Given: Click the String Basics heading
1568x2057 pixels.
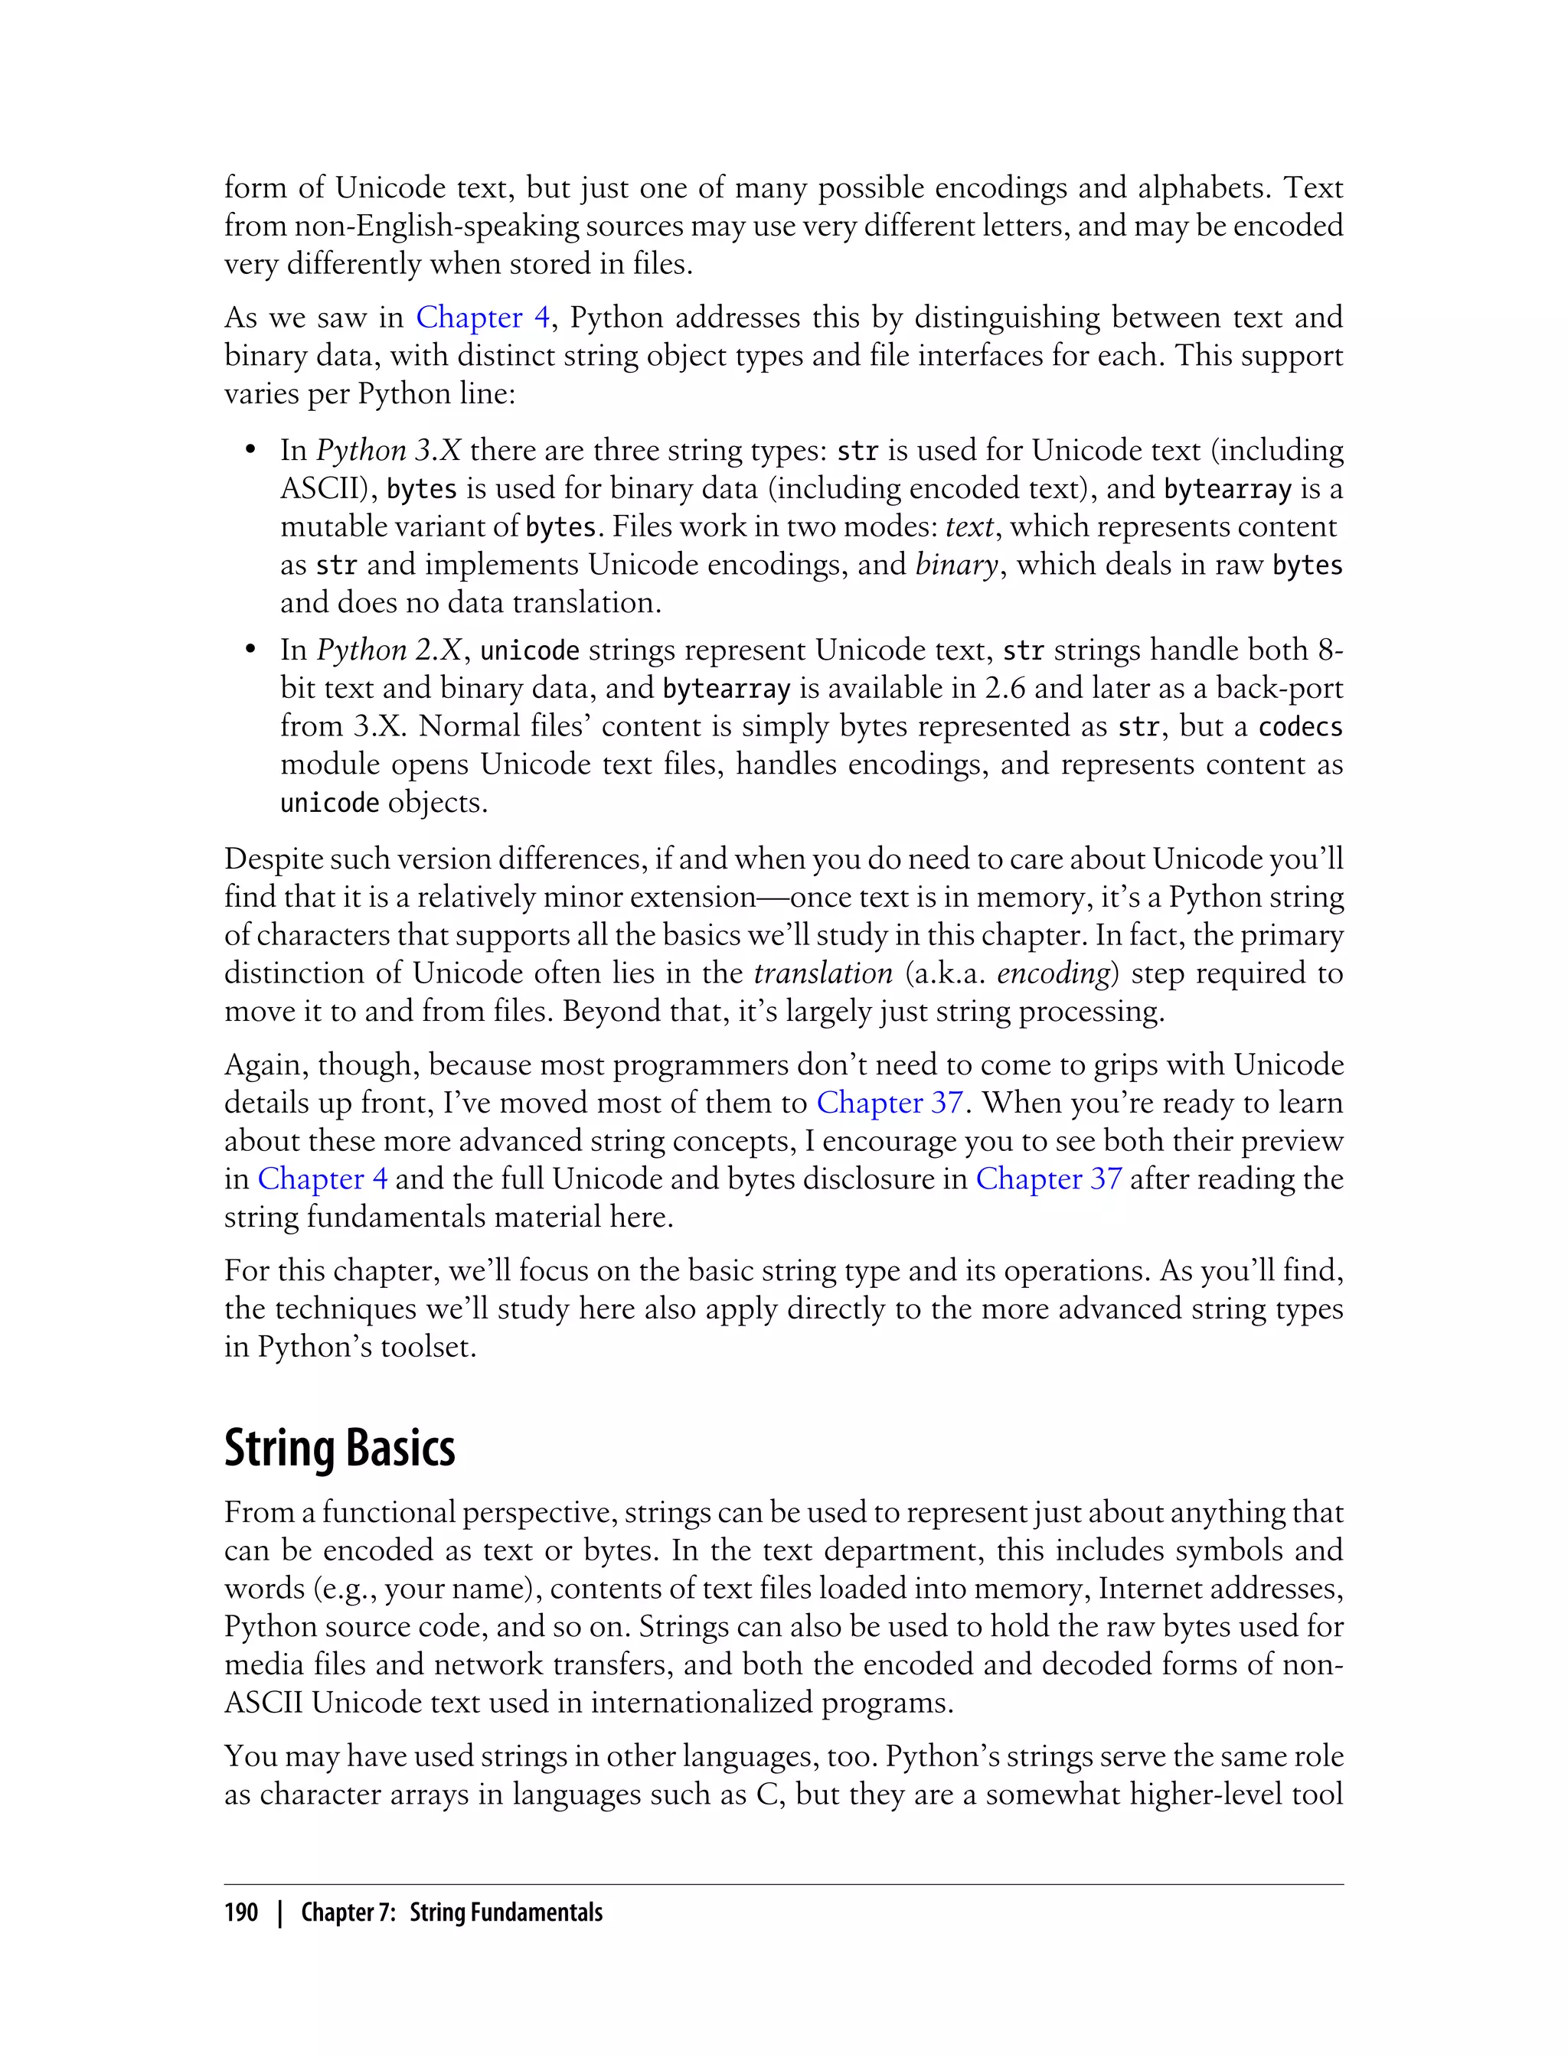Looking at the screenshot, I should coord(340,1448).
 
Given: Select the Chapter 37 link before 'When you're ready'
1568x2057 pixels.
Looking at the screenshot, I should coord(890,1103).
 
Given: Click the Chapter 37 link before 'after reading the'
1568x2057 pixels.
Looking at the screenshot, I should coord(1048,1179).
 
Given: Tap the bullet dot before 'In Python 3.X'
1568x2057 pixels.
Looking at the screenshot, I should coord(250,451).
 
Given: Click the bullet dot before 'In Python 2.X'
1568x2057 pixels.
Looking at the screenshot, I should coord(250,651).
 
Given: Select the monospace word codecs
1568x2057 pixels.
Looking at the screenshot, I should coord(1300,727).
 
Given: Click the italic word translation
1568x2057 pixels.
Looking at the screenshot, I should coord(823,973).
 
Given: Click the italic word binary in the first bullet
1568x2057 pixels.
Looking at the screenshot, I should coord(957,566).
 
